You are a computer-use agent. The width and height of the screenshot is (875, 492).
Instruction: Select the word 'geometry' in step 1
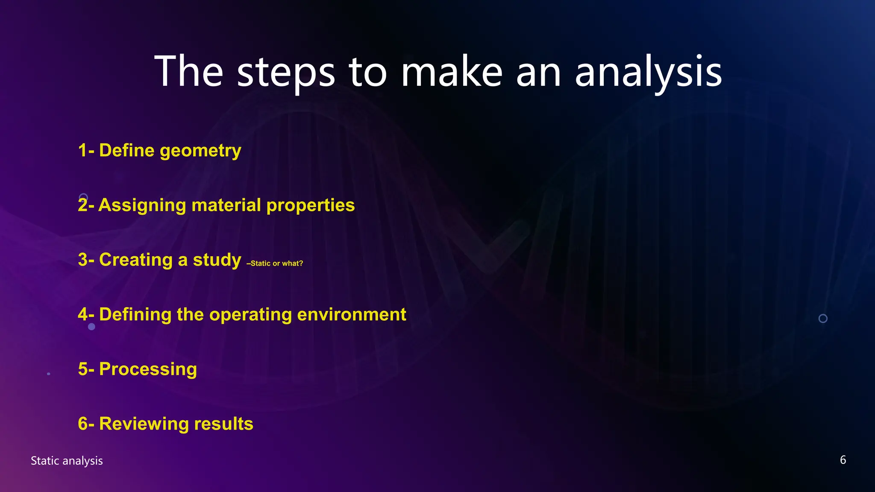coord(200,151)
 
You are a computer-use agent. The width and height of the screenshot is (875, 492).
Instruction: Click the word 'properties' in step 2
coord(311,205)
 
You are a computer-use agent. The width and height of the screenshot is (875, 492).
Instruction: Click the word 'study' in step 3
coord(217,260)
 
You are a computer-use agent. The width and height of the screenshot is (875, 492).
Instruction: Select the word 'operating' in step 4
coord(251,315)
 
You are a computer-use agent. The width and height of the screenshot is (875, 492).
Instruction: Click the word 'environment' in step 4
coord(351,315)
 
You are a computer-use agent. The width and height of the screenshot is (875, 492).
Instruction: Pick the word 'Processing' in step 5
coord(148,369)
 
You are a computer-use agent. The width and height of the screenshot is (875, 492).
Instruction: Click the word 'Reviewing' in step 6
coord(144,424)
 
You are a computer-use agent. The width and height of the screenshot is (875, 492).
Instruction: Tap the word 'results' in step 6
coord(223,424)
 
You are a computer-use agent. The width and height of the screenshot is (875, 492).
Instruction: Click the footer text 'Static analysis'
coord(67,461)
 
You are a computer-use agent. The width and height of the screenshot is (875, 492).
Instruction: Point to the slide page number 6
coord(843,460)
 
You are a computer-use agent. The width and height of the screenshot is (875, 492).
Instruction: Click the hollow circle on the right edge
coord(823,319)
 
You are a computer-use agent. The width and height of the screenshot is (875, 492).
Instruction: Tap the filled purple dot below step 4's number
coord(91,327)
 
